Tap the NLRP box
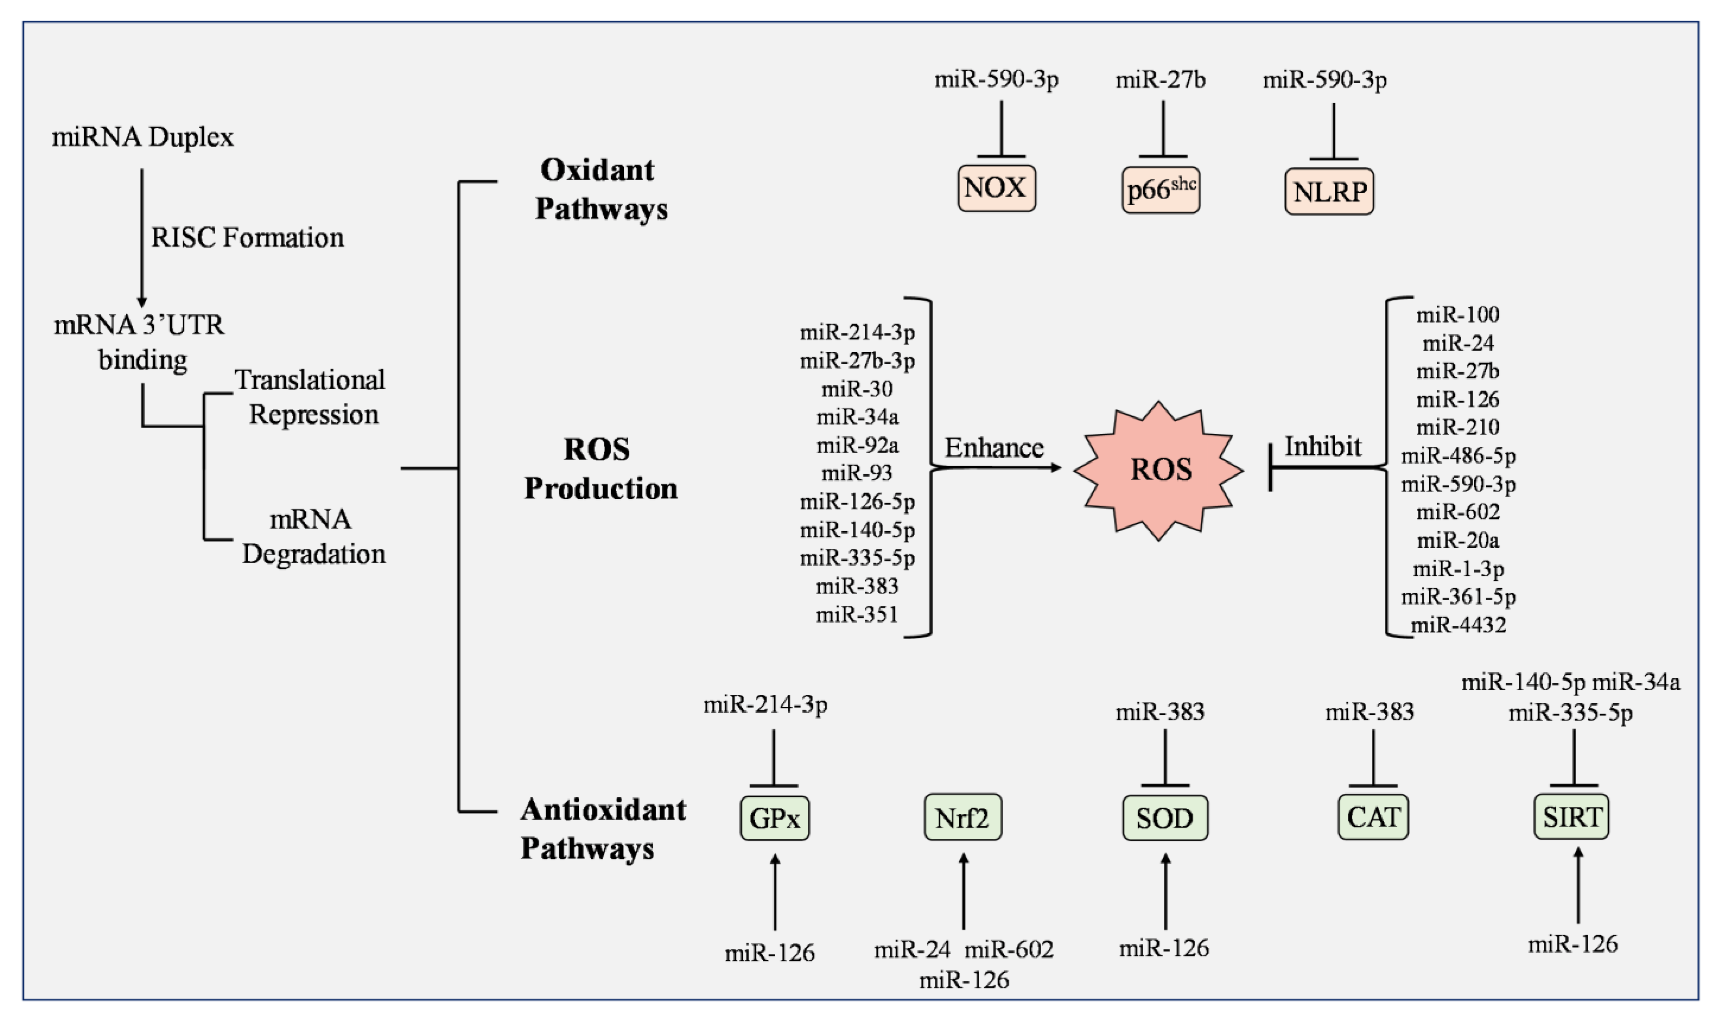(1329, 191)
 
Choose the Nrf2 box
(963, 817)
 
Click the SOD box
(1165, 817)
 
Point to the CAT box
(1373, 817)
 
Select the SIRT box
(1572, 816)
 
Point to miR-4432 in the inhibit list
(1458, 625)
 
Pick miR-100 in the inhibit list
(1458, 314)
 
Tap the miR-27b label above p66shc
(1161, 80)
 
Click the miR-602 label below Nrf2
(1009, 949)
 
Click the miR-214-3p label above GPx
(765, 704)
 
